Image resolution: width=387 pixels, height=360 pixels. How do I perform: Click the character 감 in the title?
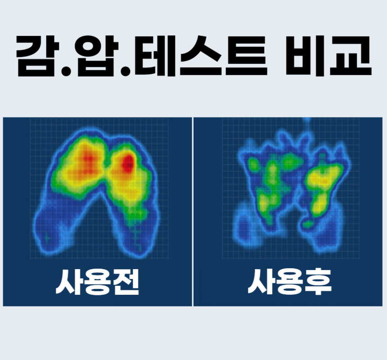pyautogui.click(x=38, y=56)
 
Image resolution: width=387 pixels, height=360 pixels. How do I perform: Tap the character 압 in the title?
pyautogui.click(x=98, y=56)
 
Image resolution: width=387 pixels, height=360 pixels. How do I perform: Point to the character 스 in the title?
pyautogui.click(x=200, y=56)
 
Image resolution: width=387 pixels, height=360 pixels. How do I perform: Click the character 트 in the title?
pyautogui.click(x=246, y=56)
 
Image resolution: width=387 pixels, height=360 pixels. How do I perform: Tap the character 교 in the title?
pyautogui.click(x=351, y=56)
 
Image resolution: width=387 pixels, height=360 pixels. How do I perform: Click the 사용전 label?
pyautogui.click(x=98, y=282)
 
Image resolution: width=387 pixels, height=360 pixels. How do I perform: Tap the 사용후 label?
pyautogui.click(x=289, y=282)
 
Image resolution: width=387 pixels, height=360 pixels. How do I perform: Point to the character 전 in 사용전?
pyautogui.click(x=126, y=282)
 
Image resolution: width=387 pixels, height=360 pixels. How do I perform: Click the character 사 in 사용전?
pyautogui.click(x=68, y=282)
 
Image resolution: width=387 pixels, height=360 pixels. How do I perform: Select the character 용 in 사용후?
pyautogui.click(x=289, y=282)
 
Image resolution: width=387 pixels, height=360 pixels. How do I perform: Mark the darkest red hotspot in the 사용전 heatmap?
pyautogui.click(x=128, y=162)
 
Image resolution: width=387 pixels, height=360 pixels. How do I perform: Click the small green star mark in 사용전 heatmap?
pyautogui.click(x=47, y=238)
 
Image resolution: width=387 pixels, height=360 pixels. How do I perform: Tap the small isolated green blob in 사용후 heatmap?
pyautogui.click(x=308, y=224)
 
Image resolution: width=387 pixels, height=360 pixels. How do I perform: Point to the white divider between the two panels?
pyautogui.click(x=193, y=211)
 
